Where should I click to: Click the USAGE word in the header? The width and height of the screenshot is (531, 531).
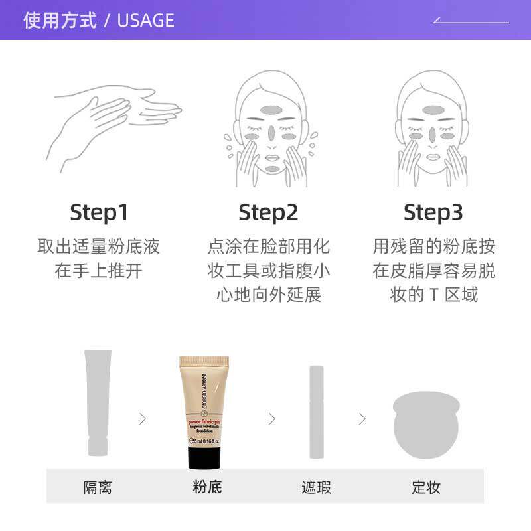click(145, 21)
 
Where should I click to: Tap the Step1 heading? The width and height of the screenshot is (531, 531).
click(99, 212)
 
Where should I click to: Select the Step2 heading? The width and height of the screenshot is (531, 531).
click(268, 212)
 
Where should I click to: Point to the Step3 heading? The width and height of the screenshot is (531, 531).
click(433, 212)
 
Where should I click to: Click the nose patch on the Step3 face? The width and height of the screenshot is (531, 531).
click(433, 133)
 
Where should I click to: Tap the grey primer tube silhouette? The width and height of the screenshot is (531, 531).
click(98, 402)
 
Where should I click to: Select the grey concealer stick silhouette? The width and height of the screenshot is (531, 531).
click(317, 412)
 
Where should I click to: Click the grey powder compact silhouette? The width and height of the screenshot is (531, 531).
click(426, 425)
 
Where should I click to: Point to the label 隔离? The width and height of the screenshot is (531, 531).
click(98, 488)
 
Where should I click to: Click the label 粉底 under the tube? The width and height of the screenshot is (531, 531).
click(207, 487)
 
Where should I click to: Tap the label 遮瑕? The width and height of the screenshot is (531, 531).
click(317, 488)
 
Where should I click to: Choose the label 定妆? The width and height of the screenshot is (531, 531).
click(426, 488)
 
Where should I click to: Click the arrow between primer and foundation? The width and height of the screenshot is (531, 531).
click(143, 419)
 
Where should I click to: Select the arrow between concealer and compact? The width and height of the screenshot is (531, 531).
click(362, 419)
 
